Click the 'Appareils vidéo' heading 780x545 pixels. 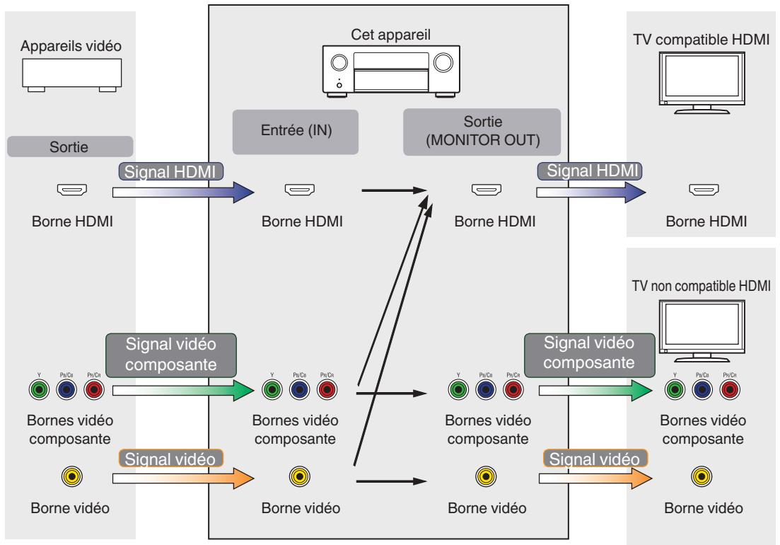pyautogui.click(x=71, y=46)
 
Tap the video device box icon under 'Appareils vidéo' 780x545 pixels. pyautogui.click(x=71, y=75)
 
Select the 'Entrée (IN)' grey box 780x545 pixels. pyautogui.click(x=296, y=132)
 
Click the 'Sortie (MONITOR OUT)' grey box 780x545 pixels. pyautogui.click(x=482, y=132)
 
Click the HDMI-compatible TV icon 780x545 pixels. pyautogui.click(x=702, y=83)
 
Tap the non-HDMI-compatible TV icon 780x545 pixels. pyautogui.click(x=702, y=331)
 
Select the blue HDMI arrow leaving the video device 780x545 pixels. pyautogui.click(x=183, y=192)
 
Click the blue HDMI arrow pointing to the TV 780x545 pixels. pyautogui.click(x=591, y=192)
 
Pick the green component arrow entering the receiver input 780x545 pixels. pyautogui.click(x=183, y=391)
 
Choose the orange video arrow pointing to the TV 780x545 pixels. pyautogui.click(x=595, y=478)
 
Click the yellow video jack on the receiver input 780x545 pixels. pyautogui.click(x=299, y=477)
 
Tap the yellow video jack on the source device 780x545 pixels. pyautogui.click(x=72, y=477)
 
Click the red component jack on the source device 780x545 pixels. pyautogui.click(x=94, y=390)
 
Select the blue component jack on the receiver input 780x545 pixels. pyautogui.click(x=299, y=390)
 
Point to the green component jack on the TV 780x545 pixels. pyautogui.click(x=675, y=390)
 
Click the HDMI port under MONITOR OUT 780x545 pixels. pyautogui.click(x=486, y=190)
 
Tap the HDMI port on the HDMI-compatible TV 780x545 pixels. pyautogui.click(x=704, y=190)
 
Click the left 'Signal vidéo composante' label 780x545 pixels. pyautogui.click(x=171, y=355)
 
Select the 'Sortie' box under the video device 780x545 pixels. pyautogui.click(x=70, y=147)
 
